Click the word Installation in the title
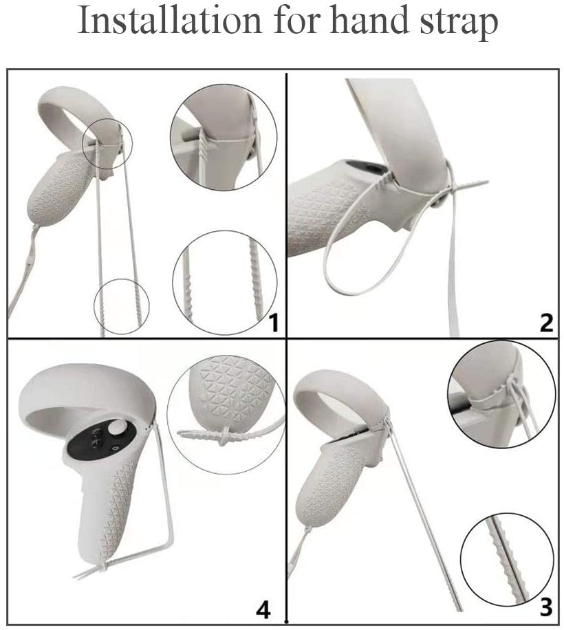(169, 20)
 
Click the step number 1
(273, 323)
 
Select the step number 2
(546, 323)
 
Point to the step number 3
(546, 607)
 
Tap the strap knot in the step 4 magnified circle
(226, 435)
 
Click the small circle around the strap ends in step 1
(121, 306)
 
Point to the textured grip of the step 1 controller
(58, 186)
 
